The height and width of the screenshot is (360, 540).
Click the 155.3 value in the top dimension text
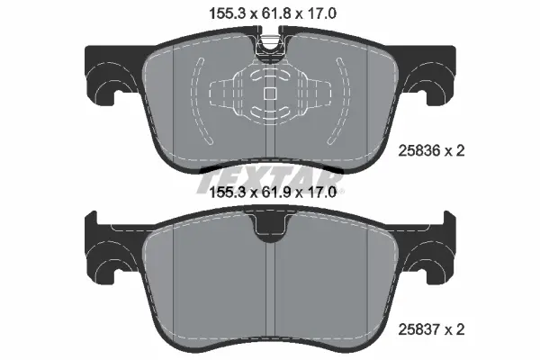coord(227,13)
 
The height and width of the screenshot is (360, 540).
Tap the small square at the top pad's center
coord(270,94)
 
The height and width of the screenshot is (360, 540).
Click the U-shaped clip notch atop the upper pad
coord(270,49)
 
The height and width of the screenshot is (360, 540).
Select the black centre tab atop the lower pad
coord(270,226)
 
